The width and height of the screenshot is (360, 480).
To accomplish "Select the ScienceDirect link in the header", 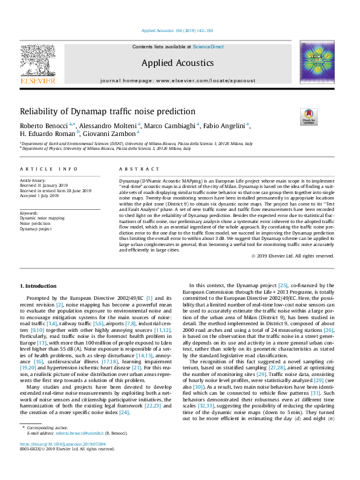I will pyautogui.click(x=209, y=47).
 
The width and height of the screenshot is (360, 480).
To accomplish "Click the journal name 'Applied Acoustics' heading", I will pyautogui.click(x=177, y=63).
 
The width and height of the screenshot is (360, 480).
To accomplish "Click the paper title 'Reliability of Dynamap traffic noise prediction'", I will pyautogui.click(x=108, y=111).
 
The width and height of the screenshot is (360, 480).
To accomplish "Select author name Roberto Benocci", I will pyautogui.click(x=43, y=125).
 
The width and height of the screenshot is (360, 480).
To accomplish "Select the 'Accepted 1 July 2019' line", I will pyautogui.click(x=39, y=196).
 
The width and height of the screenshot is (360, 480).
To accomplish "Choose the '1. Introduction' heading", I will pyautogui.click(x=39, y=285).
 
